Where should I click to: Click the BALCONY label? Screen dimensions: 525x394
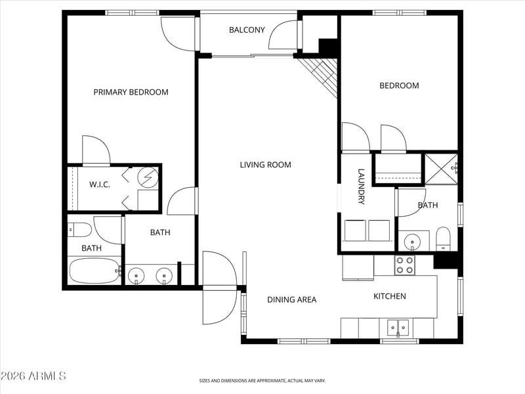point(247,30)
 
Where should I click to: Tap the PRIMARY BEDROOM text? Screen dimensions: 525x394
point(131,92)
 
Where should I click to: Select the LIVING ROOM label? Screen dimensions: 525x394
point(266,165)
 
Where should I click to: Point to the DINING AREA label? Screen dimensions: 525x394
point(291,299)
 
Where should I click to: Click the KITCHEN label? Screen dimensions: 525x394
point(390,296)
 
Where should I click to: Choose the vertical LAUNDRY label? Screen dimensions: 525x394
point(361,186)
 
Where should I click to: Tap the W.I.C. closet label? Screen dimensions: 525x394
point(100,185)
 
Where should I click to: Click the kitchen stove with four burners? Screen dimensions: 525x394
point(404,265)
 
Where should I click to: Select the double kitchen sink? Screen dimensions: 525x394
point(398,328)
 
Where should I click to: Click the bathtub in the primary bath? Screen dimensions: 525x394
point(94,271)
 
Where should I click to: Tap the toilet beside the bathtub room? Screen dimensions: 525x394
point(79,230)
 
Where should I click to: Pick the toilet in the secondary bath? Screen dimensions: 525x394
point(443,238)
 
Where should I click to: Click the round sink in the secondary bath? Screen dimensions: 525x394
point(413,241)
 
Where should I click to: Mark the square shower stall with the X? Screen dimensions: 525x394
point(441,169)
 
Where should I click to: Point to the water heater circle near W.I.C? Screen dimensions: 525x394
point(149,176)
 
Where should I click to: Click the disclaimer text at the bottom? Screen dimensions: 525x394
point(262,381)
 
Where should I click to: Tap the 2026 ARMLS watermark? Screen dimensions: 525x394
point(33,376)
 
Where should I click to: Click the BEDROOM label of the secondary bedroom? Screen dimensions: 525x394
point(399,85)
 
